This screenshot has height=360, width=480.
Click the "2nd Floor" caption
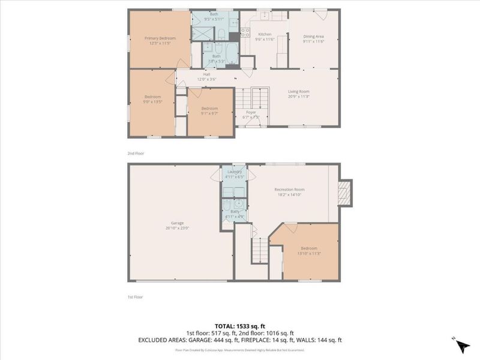[x=136, y=154]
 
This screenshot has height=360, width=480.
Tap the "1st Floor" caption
[x=135, y=296]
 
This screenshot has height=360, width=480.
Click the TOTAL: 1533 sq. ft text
[x=240, y=325]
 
